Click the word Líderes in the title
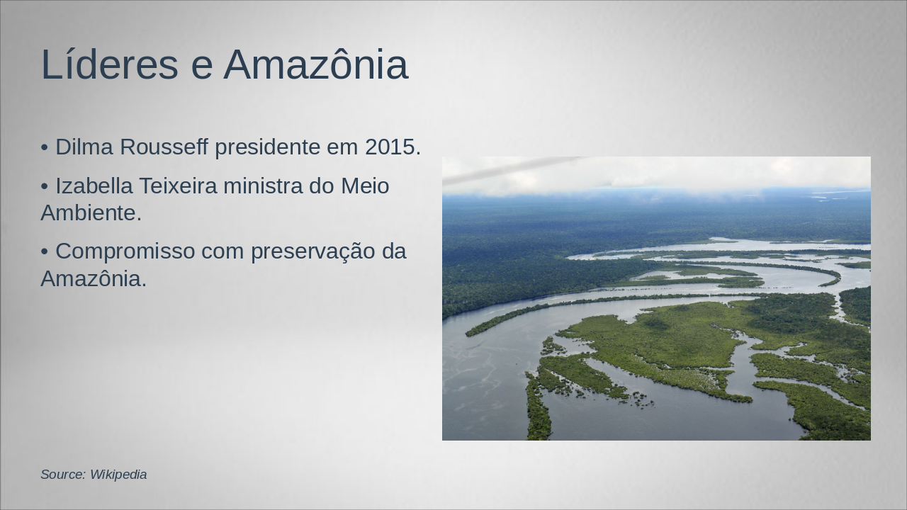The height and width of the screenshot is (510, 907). (x=110, y=64)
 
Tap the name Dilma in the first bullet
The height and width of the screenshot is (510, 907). (x=84, y=147)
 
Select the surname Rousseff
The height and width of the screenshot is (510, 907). (x=164, y=147)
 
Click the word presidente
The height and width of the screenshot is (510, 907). (x=267, y=147)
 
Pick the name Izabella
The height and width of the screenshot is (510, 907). (x=94, y=186)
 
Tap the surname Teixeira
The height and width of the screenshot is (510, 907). (x=179, y=186)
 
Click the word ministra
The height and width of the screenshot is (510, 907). (x=263, y=186)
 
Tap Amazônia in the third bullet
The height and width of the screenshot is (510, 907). (x=94, y=278)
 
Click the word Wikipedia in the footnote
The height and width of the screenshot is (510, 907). (x=118, y=475)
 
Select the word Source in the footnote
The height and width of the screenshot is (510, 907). (x=63, y=475)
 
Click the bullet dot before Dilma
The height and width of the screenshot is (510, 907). (x=45, y=148)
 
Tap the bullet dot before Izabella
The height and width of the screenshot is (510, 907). (x=45, y=187)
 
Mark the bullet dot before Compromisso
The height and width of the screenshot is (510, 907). (x=45, y=252)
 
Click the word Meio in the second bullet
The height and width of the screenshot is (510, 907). (x=365, y=186)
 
